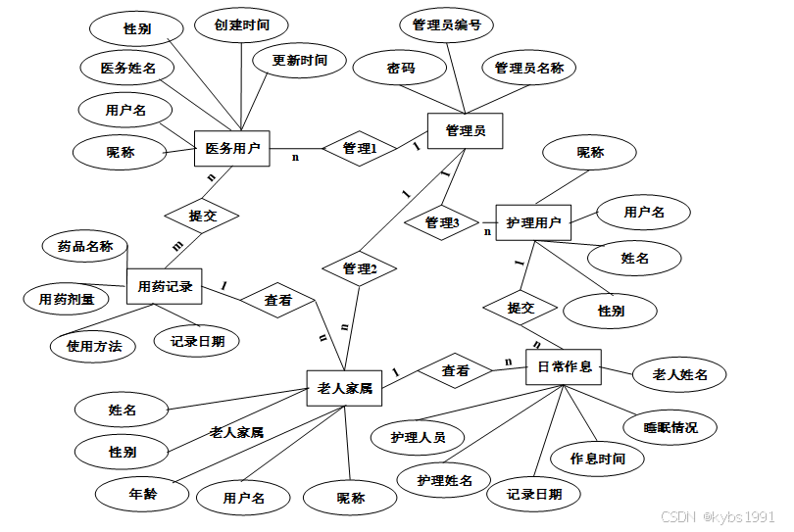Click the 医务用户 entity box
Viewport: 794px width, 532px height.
(x=232, y=149)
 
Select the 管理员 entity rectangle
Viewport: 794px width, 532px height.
(x=465, y=130)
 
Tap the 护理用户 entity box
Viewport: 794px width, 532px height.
(x=533, y=223)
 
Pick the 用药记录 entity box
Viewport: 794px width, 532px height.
(x=164, y=286)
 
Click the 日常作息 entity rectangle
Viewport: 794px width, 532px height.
(x=564, y=366)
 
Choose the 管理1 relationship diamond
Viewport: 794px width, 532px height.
(x=359, y=148)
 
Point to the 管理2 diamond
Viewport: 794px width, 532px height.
(x=359, y=267)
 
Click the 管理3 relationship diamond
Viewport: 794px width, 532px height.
(x=442, y=223)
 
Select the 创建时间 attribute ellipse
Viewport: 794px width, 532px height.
(x=241, y=24)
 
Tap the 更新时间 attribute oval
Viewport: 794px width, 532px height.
(x=300, y=61)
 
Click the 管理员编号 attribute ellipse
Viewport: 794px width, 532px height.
(x=447, y=25)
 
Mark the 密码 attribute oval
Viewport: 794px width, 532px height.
(x=400, y=69)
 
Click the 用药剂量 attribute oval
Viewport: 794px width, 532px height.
(x=67, y=298)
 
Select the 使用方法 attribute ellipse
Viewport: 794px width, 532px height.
(x=93, y=345)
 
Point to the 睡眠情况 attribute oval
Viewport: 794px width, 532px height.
(x=670, y=427)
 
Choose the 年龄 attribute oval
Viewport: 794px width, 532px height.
(x=143, y=494)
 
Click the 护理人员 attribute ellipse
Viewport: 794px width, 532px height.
(x=418, y=437)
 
